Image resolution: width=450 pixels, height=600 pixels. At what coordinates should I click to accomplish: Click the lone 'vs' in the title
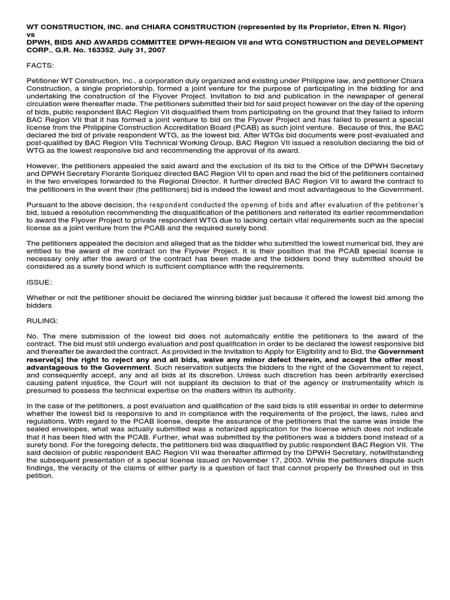[x=30, y=35]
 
